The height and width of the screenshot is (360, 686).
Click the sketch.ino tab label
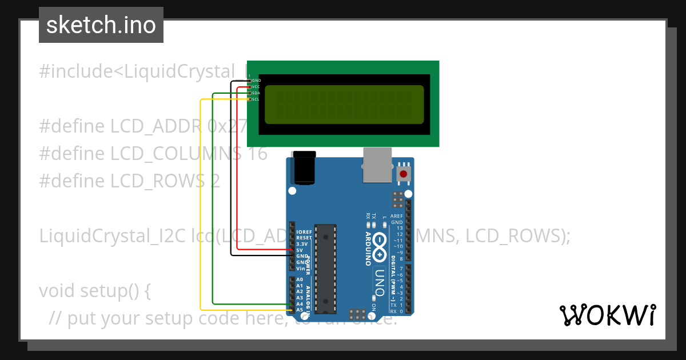(x=101, y=25)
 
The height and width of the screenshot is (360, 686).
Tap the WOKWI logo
(x=607, y=315)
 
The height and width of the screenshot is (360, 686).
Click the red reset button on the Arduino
(x=404, y=174)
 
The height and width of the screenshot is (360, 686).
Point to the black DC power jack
(x=304, y=168)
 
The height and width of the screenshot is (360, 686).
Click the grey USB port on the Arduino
(x=376, y=165)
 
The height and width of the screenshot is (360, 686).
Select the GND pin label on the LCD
(x=256, y=81)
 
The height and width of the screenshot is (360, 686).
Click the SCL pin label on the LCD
(x=256, y=99)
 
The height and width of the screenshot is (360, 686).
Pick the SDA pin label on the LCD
(x=256, y=93)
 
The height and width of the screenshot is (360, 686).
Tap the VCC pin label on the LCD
(x=256, y=87)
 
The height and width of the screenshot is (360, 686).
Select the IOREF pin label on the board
(x=304, y=231)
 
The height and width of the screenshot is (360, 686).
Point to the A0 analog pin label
(x=300, y=279)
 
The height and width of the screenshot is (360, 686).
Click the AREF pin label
(x=397, y=217)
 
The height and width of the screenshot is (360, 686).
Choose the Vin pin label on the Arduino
(x=300, y=269)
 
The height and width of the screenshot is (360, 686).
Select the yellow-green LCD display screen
(x=344, y=105)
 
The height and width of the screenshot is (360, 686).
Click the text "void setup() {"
(x=95, y=291)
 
